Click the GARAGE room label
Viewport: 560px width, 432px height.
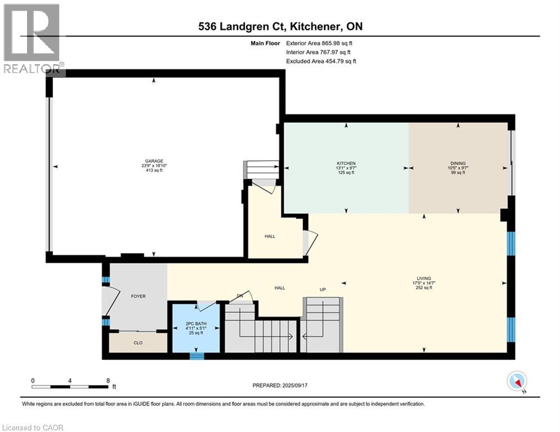[x=154, y=161]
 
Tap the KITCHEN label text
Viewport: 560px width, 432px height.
[x=346, y=163]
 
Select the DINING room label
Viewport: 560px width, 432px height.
[x=458, y=163]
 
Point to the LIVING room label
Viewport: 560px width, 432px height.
[x=424, y=278]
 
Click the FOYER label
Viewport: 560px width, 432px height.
[x=138, y=296]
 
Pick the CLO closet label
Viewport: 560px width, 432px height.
[x=138, y=343]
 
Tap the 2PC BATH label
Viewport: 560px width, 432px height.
[x=196, y=323]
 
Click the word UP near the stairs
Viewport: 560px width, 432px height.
[x=322, y=290]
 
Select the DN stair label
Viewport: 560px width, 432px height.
[x=240, y=296]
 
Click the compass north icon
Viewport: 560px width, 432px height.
[x=517, y=381]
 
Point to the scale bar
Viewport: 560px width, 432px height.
[x=70, y=386]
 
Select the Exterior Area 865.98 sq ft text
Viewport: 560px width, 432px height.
[x=319, y=43]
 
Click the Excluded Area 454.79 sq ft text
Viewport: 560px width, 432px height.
[x=321, y=61]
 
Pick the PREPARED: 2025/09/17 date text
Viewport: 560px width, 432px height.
[x=280, y=385]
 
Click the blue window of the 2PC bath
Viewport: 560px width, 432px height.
[x=196, y=356]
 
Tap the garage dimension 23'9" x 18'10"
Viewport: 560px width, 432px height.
[x=154, y=166]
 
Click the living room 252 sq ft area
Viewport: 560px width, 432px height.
[x=424, y=287]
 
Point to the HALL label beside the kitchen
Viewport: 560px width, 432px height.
[x=270, y=236]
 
